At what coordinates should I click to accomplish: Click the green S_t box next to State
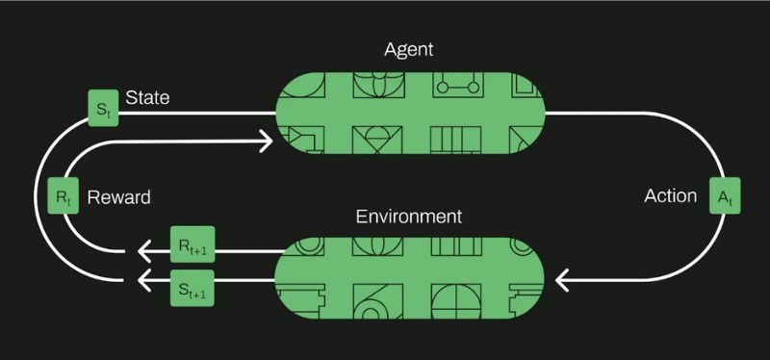(102, 106)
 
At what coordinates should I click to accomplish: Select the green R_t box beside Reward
(63, 197)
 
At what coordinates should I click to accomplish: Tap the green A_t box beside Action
(725, 197)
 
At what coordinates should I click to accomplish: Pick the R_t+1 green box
(191, 247)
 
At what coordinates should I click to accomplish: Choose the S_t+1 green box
(191, 286)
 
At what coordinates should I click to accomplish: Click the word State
(147, 98)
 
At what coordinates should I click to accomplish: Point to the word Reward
(118, 197)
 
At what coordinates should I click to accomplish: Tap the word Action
(670, 196)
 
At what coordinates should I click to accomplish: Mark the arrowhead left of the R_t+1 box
(145, 252)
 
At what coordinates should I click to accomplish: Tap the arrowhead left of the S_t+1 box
(145, 281)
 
